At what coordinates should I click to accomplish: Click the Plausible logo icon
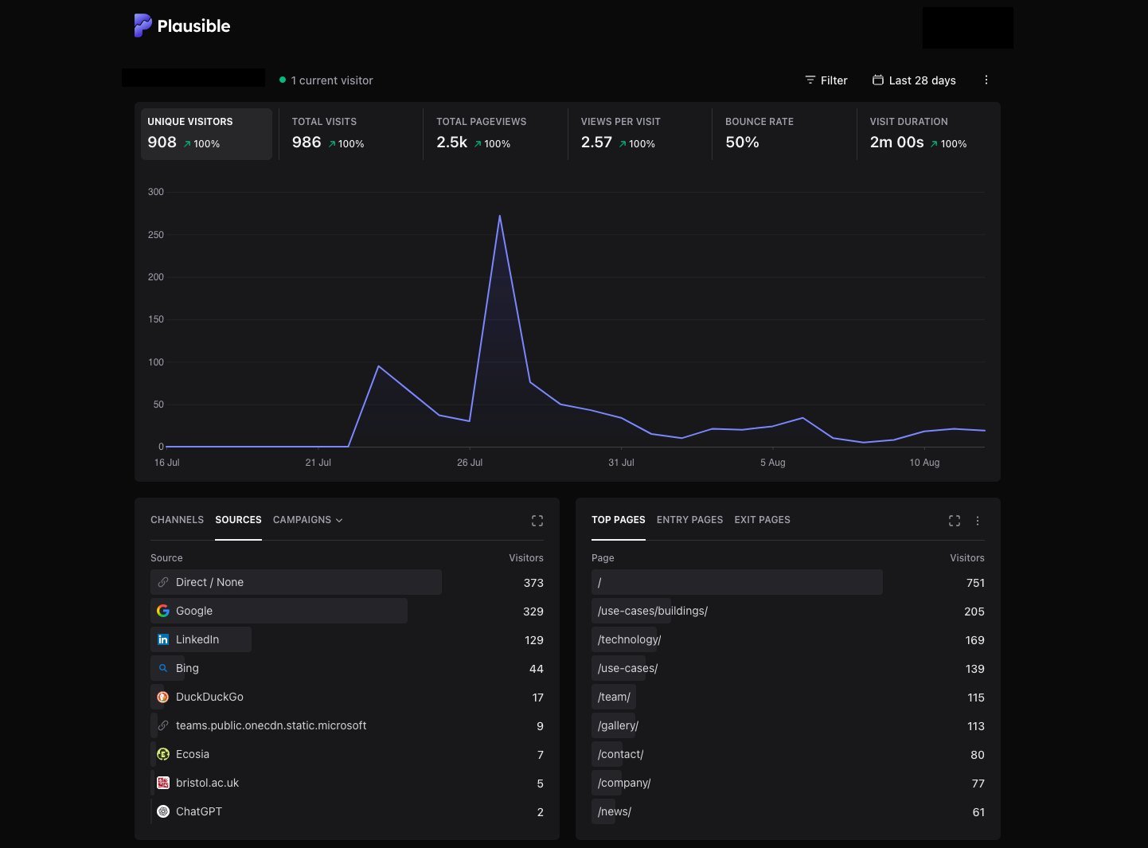pos(143,25)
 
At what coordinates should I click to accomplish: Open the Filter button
pos(826,80)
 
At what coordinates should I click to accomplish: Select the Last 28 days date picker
pos(914,80)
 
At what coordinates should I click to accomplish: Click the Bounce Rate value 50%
pos(742,143)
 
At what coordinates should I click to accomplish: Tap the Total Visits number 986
pos(307,143)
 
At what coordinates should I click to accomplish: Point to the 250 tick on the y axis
pos(156,235)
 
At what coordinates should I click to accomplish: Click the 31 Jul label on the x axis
pos(621,463)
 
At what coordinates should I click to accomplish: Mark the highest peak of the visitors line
pos(499,215)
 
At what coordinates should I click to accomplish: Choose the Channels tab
pos(177,520)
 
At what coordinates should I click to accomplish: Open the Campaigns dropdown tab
pos(307,520)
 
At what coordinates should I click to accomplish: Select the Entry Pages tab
pos(689,520)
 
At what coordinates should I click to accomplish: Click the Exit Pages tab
pos(762,520)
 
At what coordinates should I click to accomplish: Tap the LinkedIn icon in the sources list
pos(163,639)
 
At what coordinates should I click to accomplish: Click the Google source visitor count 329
pos(533,612)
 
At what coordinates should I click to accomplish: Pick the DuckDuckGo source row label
pos(209,697)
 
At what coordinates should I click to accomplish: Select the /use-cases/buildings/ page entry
pos(653,611)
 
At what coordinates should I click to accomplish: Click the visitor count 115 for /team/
pos(976,698)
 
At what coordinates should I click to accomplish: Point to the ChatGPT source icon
pos(163,811)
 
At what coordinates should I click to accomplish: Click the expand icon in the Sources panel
pos(537,521)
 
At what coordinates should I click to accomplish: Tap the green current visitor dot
pos(283,80)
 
